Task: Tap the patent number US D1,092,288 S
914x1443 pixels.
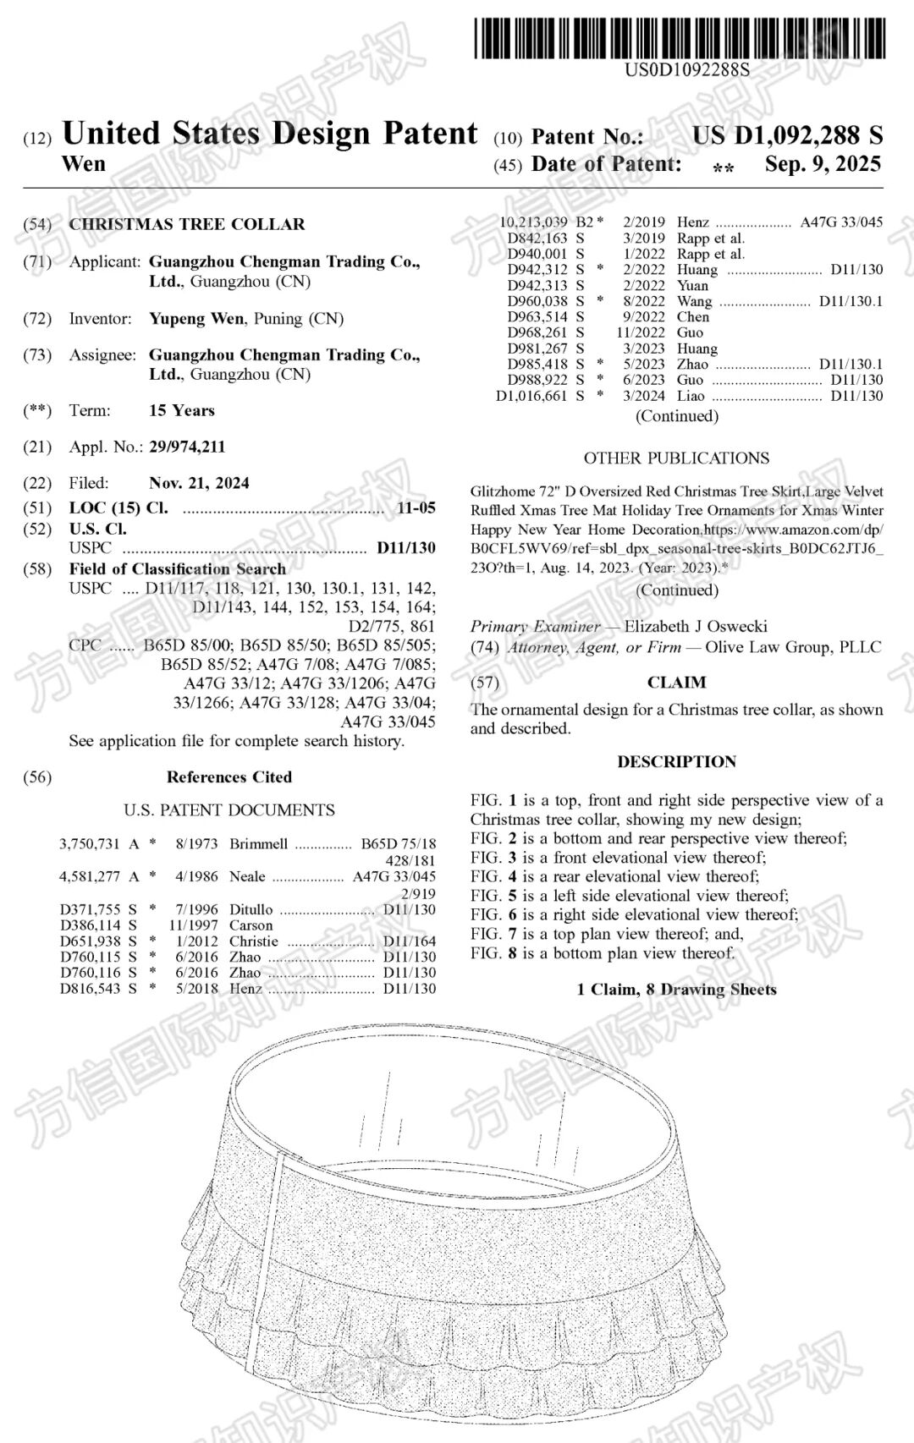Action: pos(787,135)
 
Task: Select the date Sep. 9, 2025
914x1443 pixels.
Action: pos(823,164)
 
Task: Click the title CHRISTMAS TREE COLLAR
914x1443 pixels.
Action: pos(187,224)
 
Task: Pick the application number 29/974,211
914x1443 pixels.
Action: pos(187,447)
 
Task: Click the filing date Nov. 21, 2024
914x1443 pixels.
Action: pos(199,483)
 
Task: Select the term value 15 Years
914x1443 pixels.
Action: pos(182,410)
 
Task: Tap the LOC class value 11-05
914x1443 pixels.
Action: pos(416,508)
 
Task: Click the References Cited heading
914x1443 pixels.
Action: pos(228,776)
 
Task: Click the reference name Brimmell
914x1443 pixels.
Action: pos(258,844)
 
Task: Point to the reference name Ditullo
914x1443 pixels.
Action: pos(251,909)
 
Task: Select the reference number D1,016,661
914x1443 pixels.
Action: pos(531,396)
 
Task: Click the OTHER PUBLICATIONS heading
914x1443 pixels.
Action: pos(676,458)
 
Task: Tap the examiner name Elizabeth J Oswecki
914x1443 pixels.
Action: pos(696,627)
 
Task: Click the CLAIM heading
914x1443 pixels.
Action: pos(676,682)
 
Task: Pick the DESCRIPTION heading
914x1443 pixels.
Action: pos(676,761)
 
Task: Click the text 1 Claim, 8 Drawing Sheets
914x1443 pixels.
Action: pos(676,989)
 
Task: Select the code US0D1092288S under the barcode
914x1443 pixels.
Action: pos(686,70)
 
